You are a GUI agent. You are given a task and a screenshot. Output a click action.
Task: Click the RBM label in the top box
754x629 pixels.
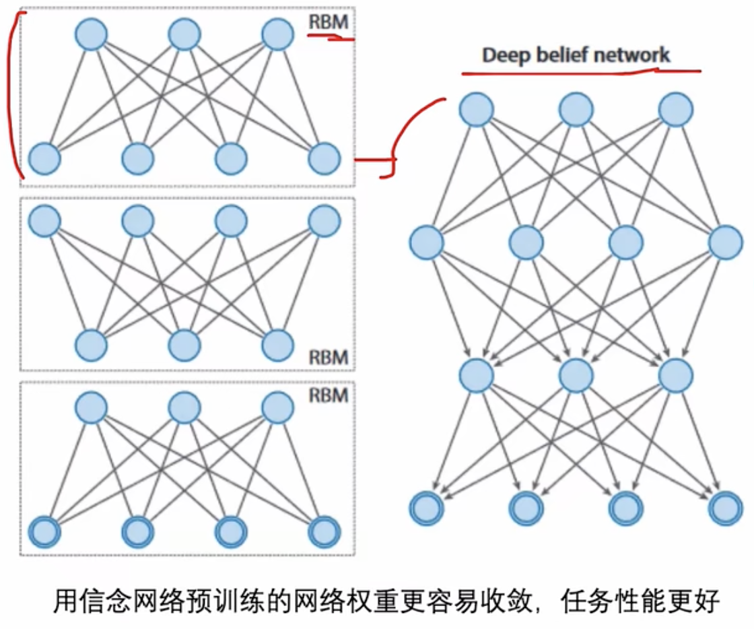point(329,22)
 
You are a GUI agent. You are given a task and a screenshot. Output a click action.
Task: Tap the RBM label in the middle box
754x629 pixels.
point(329,356)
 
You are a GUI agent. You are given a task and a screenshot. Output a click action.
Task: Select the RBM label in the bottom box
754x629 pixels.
point(329,395)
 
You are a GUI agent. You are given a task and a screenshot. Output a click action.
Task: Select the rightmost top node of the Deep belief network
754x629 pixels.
point(675,110)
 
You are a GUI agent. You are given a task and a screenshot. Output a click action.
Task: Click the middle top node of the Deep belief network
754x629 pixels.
point(576,110)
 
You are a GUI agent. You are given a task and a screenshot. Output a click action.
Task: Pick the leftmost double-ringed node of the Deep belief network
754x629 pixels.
point(427,508)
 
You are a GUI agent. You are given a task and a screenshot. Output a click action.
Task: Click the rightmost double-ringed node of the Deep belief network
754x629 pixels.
point(725,508)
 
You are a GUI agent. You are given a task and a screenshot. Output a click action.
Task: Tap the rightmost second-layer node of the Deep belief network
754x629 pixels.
point(725,242)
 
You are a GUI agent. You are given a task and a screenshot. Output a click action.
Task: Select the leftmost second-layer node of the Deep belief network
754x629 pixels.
point(427,242)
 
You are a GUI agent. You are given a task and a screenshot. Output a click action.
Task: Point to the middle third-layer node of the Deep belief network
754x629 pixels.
point(576,375)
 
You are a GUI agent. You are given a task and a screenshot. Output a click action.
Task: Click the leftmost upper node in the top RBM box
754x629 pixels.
point(91,34)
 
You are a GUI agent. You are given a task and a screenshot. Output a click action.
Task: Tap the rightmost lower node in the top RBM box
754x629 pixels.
point(324,160)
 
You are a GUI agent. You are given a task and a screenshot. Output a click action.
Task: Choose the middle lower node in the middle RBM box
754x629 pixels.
point(184,345)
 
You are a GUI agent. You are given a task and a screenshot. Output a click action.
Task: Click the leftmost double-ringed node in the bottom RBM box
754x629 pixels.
point(45,533)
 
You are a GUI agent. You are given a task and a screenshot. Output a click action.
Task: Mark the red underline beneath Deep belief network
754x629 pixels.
point(581,71)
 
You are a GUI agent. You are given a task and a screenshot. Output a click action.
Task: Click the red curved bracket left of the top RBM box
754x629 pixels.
point(12,94)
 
